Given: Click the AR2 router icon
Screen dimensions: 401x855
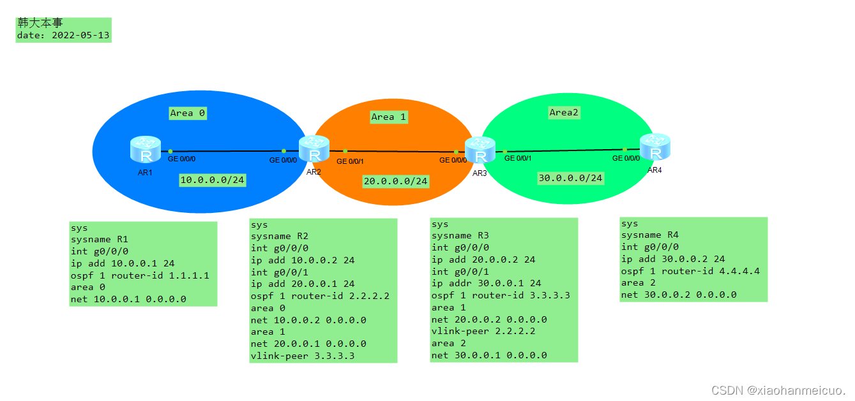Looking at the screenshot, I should [x=313, y=150].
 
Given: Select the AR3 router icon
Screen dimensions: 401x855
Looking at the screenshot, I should [x=480, y=151].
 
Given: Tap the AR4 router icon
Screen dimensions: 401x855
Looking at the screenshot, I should [x=655, y=148].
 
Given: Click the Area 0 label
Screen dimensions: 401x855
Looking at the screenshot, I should [x=188, y=113].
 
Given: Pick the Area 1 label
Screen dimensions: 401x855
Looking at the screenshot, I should [x=388, y=117].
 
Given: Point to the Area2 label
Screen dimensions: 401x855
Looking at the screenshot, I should [x=564, y=112].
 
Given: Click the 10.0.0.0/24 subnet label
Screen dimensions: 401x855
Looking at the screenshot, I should [x=213, y=180].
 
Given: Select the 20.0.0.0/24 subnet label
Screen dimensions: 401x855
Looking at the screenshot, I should [x=395, y=182].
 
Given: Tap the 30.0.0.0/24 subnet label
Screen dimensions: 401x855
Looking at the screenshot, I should [x=570, y=178].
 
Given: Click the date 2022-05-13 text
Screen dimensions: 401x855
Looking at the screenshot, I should [x=63, y=36].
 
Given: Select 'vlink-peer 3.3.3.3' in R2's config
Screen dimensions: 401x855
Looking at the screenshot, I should [x=302, y=356].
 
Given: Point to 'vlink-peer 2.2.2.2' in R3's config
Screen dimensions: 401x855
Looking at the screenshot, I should [x=483, y=331].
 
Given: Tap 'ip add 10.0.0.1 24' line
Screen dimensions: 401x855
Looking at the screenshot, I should [x=123, y=263].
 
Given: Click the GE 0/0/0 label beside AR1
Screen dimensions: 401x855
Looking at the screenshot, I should [x=181, y=159].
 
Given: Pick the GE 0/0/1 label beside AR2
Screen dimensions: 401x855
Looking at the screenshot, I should [x=350, y=161].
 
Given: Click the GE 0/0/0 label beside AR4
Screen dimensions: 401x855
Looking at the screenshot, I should [x=626, y=158].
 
